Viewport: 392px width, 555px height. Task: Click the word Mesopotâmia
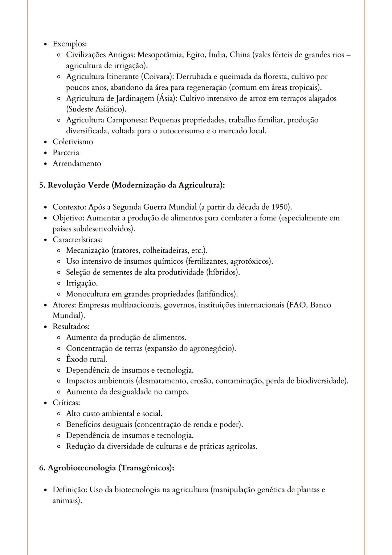[x=160, y=55]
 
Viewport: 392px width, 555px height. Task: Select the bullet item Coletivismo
[x=73, y=142]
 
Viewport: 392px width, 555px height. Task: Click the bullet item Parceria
[x=66, y=153]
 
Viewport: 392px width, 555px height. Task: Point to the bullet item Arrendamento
[x=77, y=163]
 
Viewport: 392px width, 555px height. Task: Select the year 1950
[x=280, y=207]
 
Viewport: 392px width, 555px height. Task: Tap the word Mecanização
[x=87, y=251]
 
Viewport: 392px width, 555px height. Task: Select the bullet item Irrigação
[x=82, y=283]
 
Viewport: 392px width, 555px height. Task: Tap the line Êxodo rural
[x=86, y=359]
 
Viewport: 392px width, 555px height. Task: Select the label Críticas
[x=66, y=403]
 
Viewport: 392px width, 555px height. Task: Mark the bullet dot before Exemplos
[x=45, y=44]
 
